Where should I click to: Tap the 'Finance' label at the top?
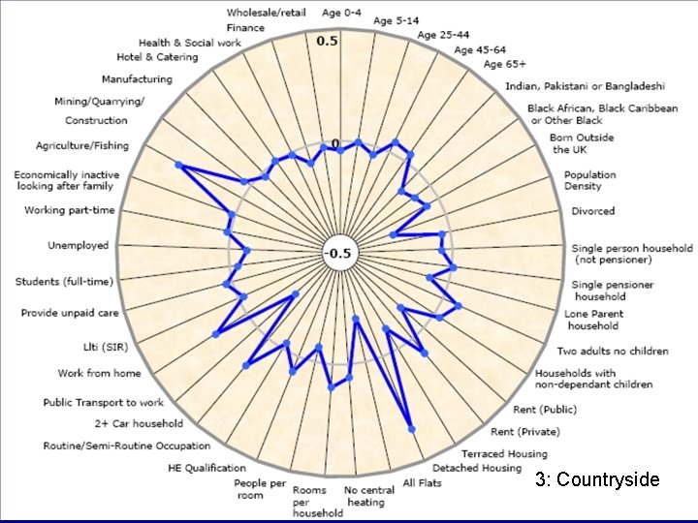pos(245,28)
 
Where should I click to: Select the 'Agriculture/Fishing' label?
pos(82,145)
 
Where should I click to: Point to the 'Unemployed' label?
pos(79,246)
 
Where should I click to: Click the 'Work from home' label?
pos(99,373)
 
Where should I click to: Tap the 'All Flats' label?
pos(423,482)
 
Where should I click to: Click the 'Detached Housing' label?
pos(477,468)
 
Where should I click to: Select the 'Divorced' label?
pos(593,211)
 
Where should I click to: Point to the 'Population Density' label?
pos(590,180)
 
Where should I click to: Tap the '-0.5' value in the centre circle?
pos(339,254)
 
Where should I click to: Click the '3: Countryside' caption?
pos(597,479)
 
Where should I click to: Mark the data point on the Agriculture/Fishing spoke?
pos(178,166)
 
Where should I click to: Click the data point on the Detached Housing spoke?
pos(412,427)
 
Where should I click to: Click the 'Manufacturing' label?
pos(137,79)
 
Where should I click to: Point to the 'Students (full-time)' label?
pos(64,282)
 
